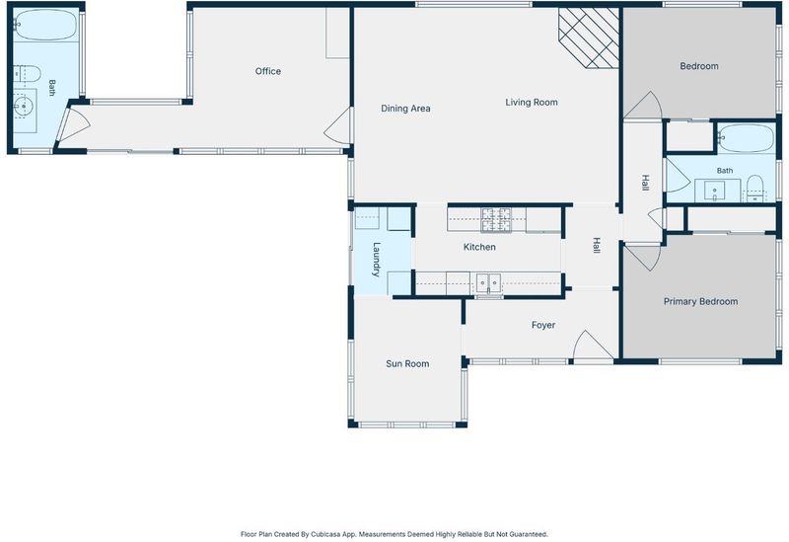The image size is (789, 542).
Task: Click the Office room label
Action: coord(267,71)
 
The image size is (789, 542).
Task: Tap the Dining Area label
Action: coord(405,109)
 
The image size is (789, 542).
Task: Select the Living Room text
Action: coord(532,103)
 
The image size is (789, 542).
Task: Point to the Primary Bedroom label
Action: coord(700,301)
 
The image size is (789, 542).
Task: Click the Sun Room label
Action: coord(407,363)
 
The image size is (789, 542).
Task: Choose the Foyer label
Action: coord(543,326)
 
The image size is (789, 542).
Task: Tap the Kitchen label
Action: coord(479,247)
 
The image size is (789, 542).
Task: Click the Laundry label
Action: coord(376,260)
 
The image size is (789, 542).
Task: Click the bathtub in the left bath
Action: coord(45,24)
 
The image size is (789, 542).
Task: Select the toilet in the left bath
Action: coord(27,74)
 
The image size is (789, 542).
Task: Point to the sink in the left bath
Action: coord(23,106)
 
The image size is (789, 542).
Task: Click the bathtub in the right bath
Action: coord(746,138)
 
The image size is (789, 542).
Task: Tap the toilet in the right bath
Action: coord(754,188)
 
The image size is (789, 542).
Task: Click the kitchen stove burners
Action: coord(496,220)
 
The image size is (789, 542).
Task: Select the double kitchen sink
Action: coord(488,283)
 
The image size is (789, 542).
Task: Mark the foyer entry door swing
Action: coord(593,347)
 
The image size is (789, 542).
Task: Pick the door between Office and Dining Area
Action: coord(338,126)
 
